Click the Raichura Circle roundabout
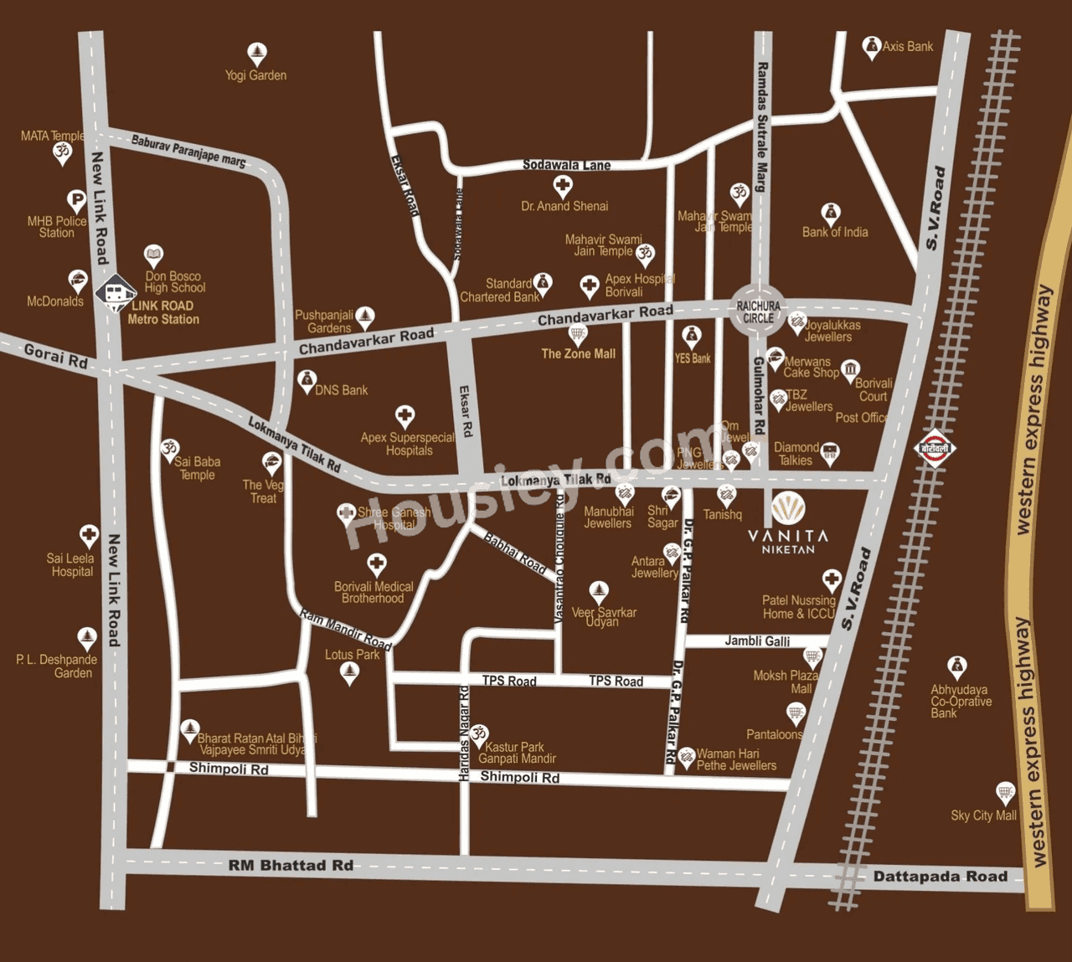pyautogui.click(x=758, y=311)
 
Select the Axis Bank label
pyautogui.click(x=907, y=47)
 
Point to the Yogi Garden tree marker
pyautogui.click(x=257, y=54)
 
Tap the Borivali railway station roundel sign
pyautogui.click(x=935, y=448)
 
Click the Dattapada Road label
pyautogui.click(x=940, y=877)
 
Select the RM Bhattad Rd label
pyautogui.click(x=291, y=865)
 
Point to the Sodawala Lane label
pyautogui.click(x=566, y=165)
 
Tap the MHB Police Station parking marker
pyautogui.click(x=76, y=200)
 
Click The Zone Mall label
pyautogui.click(x=578, y=354)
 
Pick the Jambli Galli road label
pyautogui.click(x=757, y=640)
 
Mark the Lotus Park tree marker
pyautogui.click(x=349, y=673)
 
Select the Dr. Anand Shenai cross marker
pyautogui.click(x=563, y=185)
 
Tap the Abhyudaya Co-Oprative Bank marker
pyautogui.click(x=957, y=666)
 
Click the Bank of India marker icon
pyautogui.click(x=830, y=212)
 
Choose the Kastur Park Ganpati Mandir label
pyautogui.click(x=517, y=753)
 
